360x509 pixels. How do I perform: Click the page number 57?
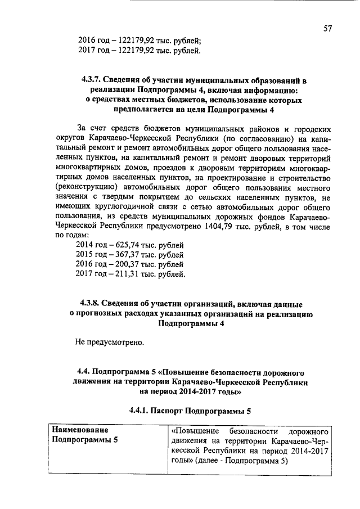pos(328,29)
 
